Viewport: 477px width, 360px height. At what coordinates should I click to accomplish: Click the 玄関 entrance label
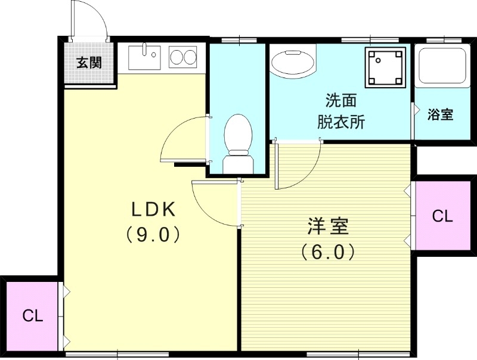(x=89, y=63)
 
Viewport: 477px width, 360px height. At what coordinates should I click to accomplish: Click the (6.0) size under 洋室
(x=328, y=253)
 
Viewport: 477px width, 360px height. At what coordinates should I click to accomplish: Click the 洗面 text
(x=340, y=99)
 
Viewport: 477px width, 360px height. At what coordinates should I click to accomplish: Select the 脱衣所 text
(x=340, y=122)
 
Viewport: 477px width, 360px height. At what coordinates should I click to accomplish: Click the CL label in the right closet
(x=442, y=216)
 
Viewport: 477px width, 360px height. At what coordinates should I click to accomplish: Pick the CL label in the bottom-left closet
(x=33, y=316)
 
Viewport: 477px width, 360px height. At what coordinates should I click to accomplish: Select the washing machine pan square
(x=385, y=65)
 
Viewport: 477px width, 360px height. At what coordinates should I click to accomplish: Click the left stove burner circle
(x=177, y=57)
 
